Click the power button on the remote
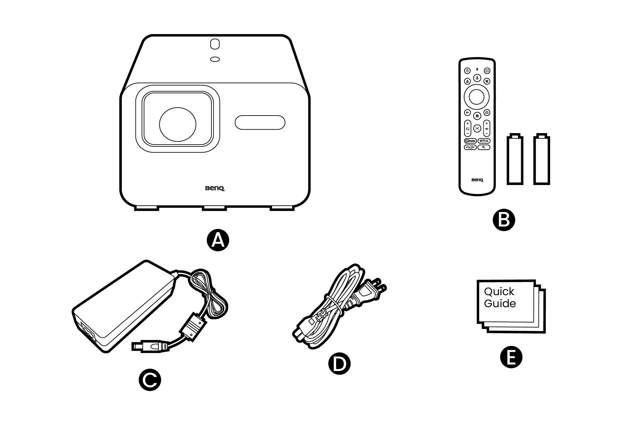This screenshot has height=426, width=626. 467,71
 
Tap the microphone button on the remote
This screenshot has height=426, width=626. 477,78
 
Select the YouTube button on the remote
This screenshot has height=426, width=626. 470,141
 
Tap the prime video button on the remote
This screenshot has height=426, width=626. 470,147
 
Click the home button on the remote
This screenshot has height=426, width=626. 477,116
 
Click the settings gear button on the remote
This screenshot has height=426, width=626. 487,81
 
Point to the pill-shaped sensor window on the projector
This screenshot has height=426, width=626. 260,123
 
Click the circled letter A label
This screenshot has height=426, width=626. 218,241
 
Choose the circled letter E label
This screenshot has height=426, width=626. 511,358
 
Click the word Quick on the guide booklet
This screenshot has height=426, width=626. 499,291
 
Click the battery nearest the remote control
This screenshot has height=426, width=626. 515,159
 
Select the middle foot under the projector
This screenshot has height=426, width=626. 214,208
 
